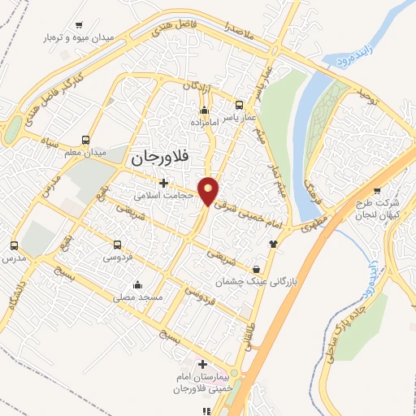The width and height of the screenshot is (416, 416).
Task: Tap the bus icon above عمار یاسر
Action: point(239,104)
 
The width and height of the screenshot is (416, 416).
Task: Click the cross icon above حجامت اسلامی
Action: point(164,183)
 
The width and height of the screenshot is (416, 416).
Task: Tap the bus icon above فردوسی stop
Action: point(118,245)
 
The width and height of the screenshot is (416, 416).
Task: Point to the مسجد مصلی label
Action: point(137,298)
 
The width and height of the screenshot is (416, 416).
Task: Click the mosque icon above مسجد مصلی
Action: point(137,285)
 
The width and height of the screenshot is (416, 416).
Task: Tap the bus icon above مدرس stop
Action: point(14,245)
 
